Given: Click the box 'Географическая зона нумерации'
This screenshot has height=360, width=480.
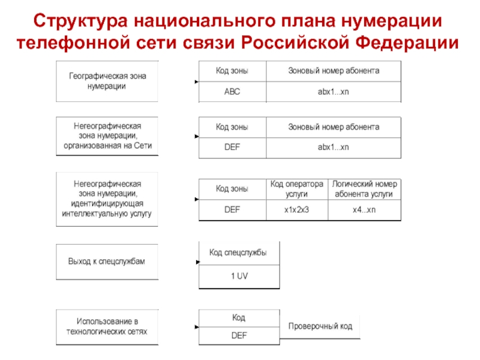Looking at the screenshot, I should [107, 81].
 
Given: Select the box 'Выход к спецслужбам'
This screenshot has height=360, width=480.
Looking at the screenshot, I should [107, 262].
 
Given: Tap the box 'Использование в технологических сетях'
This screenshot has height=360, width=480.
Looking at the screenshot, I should [107, 327].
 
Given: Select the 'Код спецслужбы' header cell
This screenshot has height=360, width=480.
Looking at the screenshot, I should [239, 253].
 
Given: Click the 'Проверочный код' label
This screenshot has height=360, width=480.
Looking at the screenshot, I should [320, 326].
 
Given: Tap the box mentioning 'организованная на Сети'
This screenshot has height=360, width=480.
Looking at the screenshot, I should [107, 136].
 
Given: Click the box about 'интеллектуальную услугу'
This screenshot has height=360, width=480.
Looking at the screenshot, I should [107, 199].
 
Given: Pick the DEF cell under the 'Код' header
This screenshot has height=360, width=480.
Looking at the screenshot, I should [239, 335].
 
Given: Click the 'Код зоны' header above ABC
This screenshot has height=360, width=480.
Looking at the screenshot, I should [232, 71].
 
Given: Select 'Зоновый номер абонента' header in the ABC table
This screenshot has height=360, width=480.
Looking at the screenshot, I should [334, 71].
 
